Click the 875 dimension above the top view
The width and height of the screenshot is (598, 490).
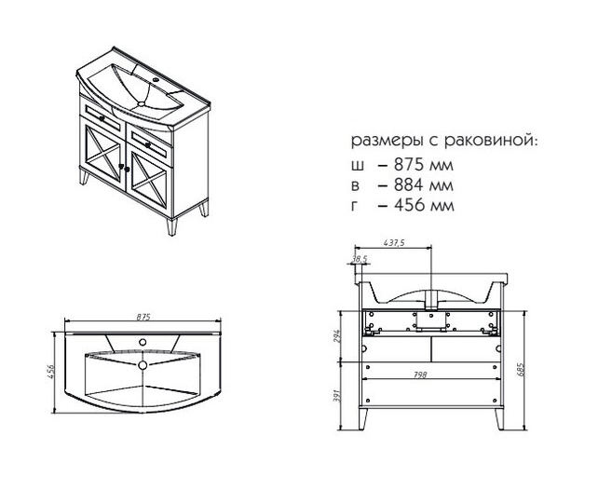(x=143, y=317)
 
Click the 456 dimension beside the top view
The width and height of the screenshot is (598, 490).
(x=52, y=373)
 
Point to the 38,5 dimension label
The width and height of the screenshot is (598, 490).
(x=360, y=259)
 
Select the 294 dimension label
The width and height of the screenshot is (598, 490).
(x=337, y=336)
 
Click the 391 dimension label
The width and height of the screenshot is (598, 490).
(x=337, y=397)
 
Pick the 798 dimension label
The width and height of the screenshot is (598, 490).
(x=420, y=375)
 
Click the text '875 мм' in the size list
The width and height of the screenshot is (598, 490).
(x=424, y=165)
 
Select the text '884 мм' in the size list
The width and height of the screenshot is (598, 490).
(x=424, y=185)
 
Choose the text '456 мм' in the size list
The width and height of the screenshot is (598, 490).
(x=424, y=206)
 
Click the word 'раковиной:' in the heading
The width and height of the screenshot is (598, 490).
(x=491, y=141)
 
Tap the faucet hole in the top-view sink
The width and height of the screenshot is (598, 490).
(x=143, y=342)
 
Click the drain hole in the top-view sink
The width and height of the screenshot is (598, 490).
(x=143, y=365)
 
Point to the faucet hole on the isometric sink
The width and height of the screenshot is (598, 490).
(x=156, y=80)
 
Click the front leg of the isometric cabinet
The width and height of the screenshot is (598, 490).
(x=172, y=227)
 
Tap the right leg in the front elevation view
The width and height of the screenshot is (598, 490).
(x=499, y=419)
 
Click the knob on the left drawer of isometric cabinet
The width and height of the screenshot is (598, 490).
(x=102, y=118)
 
